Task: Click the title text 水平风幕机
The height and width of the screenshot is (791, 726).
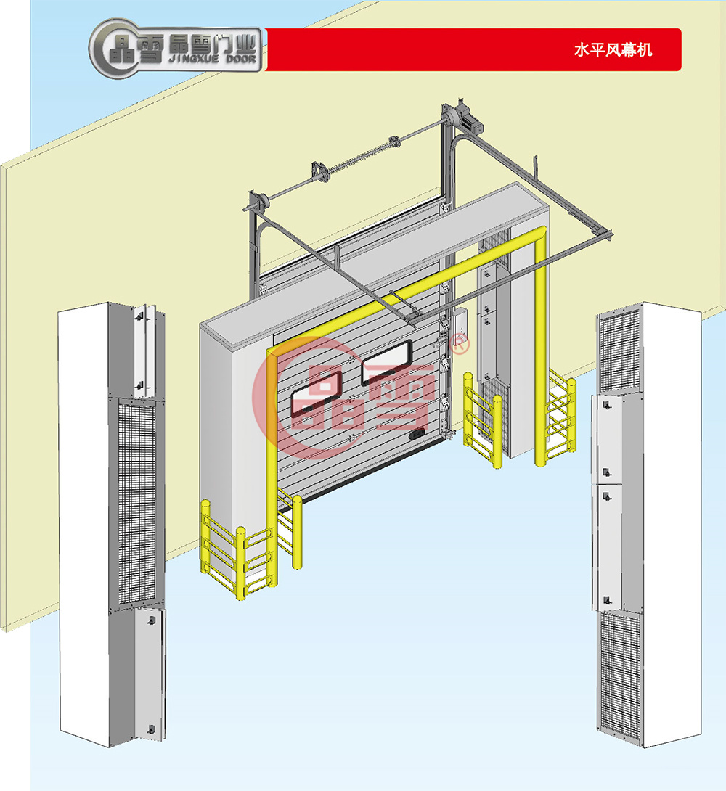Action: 613,50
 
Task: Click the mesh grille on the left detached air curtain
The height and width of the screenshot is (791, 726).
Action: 136,501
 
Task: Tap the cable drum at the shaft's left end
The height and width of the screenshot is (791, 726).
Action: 256,201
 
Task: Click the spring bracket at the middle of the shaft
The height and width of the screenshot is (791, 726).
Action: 318,171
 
